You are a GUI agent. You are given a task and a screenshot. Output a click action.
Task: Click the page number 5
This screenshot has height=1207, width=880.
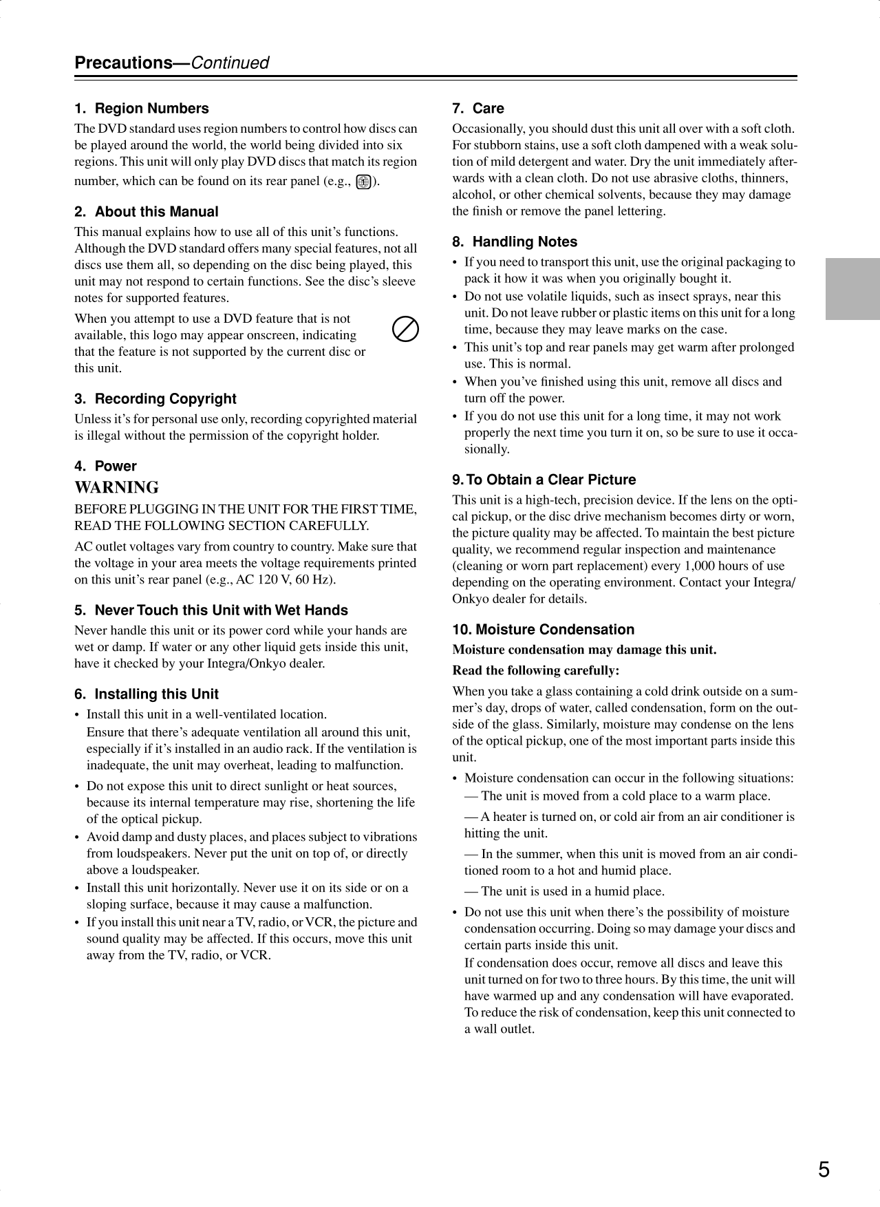[824, 1169]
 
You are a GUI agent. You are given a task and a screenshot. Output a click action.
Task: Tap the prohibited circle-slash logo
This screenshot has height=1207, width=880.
[405, 330]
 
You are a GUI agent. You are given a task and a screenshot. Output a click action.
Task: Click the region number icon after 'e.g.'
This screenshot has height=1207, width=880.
[364, 182]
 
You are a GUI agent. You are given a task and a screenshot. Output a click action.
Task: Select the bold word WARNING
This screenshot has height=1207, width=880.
[116, 487]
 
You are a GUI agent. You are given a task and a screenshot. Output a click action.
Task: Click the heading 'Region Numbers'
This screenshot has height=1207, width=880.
[151, 109]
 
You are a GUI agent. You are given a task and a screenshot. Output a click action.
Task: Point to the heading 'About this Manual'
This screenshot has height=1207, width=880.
[156, 212]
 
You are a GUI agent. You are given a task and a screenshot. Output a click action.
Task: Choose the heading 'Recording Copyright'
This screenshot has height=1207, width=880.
[165, 399]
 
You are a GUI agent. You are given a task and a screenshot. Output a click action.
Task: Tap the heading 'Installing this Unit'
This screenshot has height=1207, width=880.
[156, 694]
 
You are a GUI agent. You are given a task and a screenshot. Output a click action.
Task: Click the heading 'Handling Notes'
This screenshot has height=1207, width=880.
[524, 242]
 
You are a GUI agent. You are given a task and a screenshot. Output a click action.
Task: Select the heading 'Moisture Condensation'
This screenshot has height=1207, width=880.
[555, 630]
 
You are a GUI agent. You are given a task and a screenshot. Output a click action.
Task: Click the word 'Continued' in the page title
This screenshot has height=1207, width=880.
[229, 63]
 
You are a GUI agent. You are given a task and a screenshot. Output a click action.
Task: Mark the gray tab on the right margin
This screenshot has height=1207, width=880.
[852, 289]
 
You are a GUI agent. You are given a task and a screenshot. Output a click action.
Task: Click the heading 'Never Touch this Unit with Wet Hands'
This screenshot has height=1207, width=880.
[221, 610]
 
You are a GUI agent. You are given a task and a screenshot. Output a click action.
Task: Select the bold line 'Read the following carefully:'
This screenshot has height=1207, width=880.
[536, 670]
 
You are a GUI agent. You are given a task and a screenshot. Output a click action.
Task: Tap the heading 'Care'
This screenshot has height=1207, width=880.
[488, 109]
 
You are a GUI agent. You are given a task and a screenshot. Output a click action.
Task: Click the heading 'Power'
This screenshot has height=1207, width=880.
[116, 466]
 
